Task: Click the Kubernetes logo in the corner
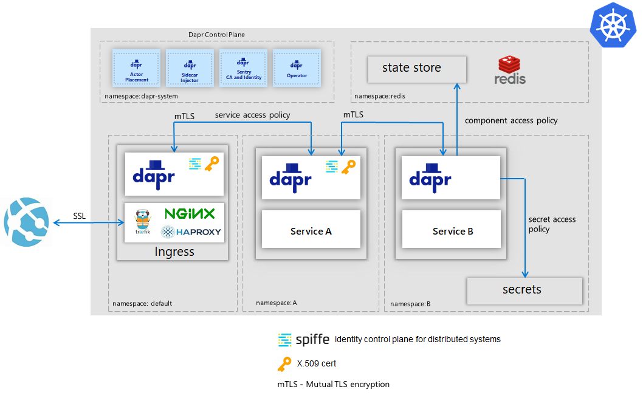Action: [613, 24]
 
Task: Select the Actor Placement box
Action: [136, 69]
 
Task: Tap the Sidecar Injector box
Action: [190, 69]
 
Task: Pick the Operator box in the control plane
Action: [297, 69]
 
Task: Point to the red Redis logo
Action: [509, 70]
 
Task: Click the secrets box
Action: [524, 290]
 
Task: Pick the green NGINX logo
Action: [190, 214]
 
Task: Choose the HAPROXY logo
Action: [191, 232]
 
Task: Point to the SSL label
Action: [80, 216]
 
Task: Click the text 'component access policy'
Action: [511, 120]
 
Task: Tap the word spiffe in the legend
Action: [312, 339]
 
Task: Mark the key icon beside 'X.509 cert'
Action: [284, 363]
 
